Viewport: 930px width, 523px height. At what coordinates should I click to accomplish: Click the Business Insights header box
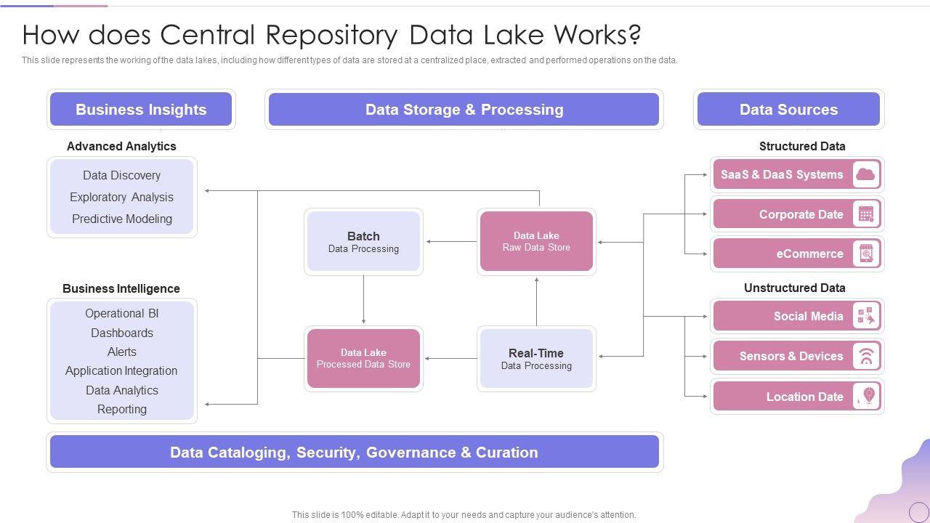[x=141, y=110]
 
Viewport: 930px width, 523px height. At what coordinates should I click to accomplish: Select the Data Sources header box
[x=788, y=110]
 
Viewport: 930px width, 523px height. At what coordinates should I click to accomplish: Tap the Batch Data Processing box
[x=363, y=242]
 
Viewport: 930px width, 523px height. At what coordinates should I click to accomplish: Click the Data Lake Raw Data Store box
[x=536, y=242]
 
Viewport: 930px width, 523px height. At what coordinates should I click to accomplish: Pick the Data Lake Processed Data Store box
[x=363, y=359]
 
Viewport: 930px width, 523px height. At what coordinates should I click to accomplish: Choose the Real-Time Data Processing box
[x=536, y=359]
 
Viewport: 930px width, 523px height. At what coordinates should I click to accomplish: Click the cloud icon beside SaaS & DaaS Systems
[x=865, y=174]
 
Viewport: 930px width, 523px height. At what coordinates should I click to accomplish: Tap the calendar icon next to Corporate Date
[x=865, y=214]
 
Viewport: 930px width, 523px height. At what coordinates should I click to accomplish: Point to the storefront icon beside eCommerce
[x=865, y=254]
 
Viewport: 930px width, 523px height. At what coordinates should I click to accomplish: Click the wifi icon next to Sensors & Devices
[x=865, y=356]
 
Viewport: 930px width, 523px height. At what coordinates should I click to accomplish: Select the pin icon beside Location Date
[x=868, y=397]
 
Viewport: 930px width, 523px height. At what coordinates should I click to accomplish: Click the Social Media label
[x=808, y=316]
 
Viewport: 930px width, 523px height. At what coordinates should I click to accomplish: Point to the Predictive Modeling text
[x=122, y=219]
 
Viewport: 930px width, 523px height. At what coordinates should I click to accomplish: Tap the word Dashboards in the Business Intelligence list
[x=122, y=333]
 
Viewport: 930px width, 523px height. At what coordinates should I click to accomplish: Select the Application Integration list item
[x=121, y=370]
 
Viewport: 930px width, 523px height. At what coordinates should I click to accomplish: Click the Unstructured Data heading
[x=794, y=288]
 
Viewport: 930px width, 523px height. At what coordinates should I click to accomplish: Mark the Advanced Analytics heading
[x=121, y=146]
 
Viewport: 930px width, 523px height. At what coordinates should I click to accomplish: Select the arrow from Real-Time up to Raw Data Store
[x=536, y=301]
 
